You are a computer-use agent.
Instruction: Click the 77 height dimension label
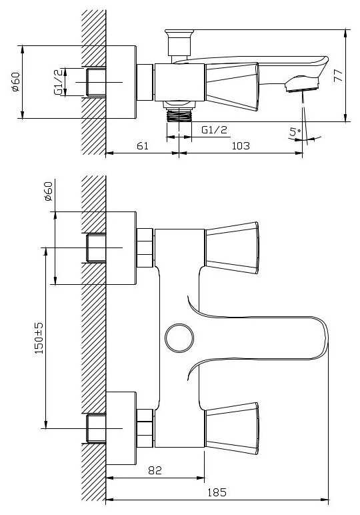(338, 75)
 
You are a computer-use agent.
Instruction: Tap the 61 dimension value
(143, 145)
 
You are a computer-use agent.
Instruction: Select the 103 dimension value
(241, 145)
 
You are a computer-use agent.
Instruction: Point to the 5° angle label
(295, 132)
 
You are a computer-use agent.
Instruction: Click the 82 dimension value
(155, 470)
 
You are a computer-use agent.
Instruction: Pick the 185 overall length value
(217, 492)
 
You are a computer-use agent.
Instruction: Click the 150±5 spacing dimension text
(39, 338)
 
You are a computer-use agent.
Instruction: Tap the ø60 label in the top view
(15, 82)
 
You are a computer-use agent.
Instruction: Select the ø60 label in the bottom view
(48, 191)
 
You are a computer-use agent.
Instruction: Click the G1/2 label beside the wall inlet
(58, 82)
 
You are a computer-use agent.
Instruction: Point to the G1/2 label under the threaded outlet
(214, 129)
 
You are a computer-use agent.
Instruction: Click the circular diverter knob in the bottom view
(179, 338)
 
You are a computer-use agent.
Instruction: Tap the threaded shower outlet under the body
(179, 116)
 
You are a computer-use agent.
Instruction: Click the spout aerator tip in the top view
(302, 85)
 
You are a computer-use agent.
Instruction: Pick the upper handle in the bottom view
(232, 247)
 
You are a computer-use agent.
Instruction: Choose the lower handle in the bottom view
(232, 428)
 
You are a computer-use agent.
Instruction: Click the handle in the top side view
(232, 87)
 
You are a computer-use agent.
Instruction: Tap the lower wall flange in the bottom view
(121, 428)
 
